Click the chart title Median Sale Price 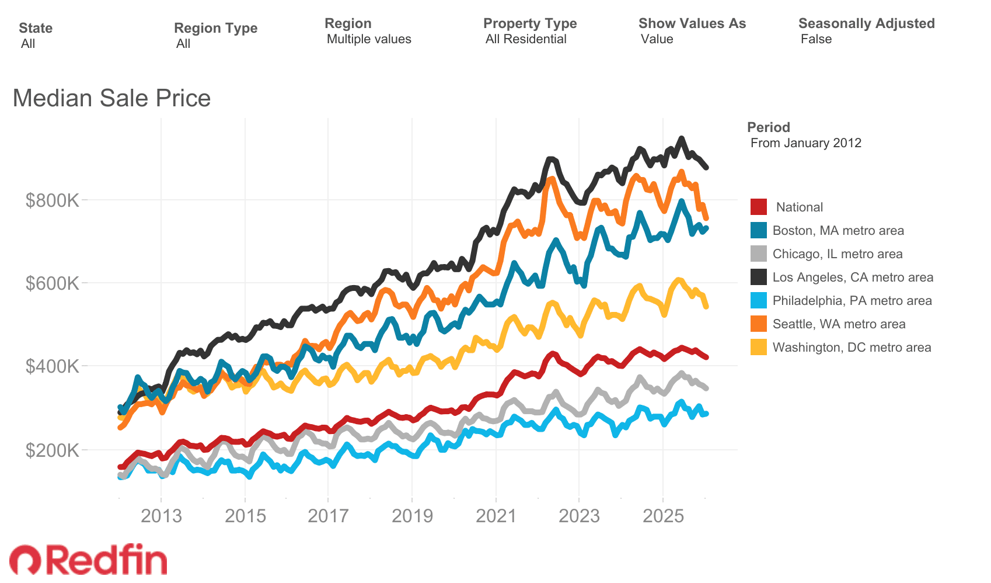[x=111, y=98]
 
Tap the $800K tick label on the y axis [x=52, y=200]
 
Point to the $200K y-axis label [x=52, y=450]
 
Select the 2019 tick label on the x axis [x=412, y=516]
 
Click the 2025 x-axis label [x=663, y=516]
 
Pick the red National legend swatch [x=758, y=207]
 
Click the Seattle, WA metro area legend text [x=839, y=324]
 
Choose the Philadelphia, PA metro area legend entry [x=852, y=301]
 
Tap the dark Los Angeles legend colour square [x=758, y=277]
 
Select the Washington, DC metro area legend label [x=852, y=348]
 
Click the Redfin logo [x=89, y=560]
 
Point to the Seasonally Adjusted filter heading [x=866, y=23]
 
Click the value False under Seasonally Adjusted [x=816, y=39]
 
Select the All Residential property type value [x=526, y=39]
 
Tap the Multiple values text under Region [x=369, y=39]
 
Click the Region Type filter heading [x=215, y=28]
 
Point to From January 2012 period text [x=805, y=143]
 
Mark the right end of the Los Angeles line [x=706, y=167]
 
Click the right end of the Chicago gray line [x=706, y=388]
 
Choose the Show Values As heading [x=692, y=23]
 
